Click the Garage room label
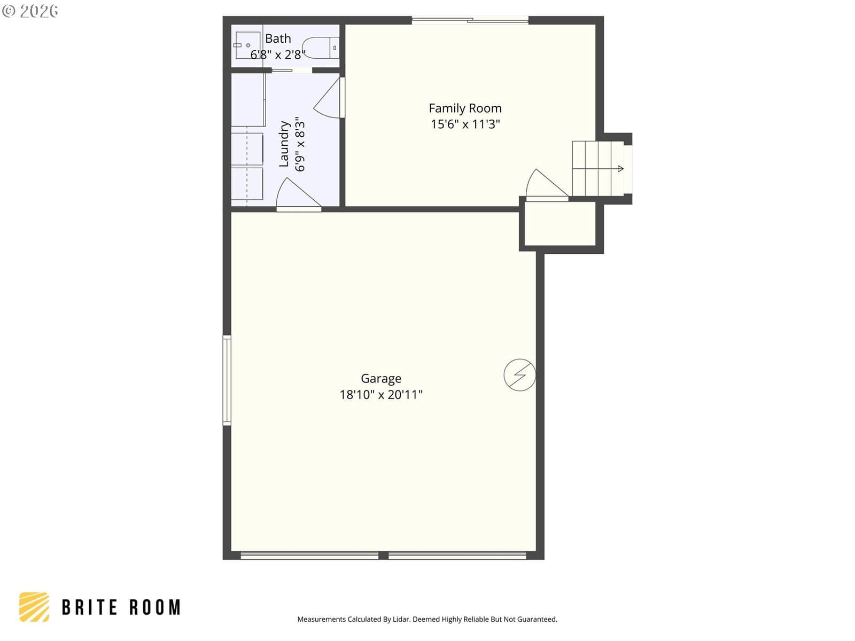[380, 379]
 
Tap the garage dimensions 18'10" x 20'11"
[380, 395]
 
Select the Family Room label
[465, 108]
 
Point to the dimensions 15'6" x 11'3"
[465, 124]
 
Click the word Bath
[278, 38]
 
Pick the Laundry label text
[284, 144]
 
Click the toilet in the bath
[321, 48]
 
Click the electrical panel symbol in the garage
[519, 375]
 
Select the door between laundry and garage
[298, 194]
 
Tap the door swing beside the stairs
[547, 185]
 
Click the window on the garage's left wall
[227, 380]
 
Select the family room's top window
[470, 20]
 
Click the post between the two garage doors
[383, 556]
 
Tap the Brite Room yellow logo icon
[34, 607]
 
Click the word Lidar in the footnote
[401, 619]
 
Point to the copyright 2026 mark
[30, 11]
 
